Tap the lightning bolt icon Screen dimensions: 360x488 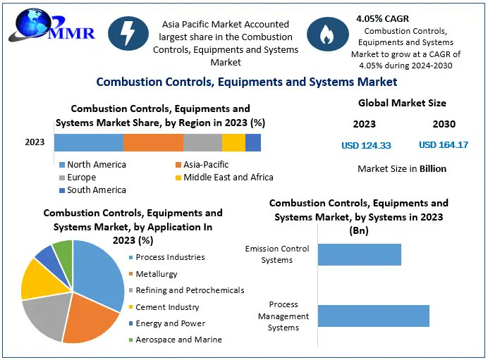128,35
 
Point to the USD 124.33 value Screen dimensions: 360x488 366,145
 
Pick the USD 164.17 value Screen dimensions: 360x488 444,145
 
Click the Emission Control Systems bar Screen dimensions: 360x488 359,254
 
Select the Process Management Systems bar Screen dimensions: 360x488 373,316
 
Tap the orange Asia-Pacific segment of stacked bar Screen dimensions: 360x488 153,142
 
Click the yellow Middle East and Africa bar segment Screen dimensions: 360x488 233,142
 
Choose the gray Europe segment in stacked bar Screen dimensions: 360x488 202,142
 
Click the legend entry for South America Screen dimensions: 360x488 92,190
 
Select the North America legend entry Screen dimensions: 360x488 92,165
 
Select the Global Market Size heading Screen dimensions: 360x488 402,103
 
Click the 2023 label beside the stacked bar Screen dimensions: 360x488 35,142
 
